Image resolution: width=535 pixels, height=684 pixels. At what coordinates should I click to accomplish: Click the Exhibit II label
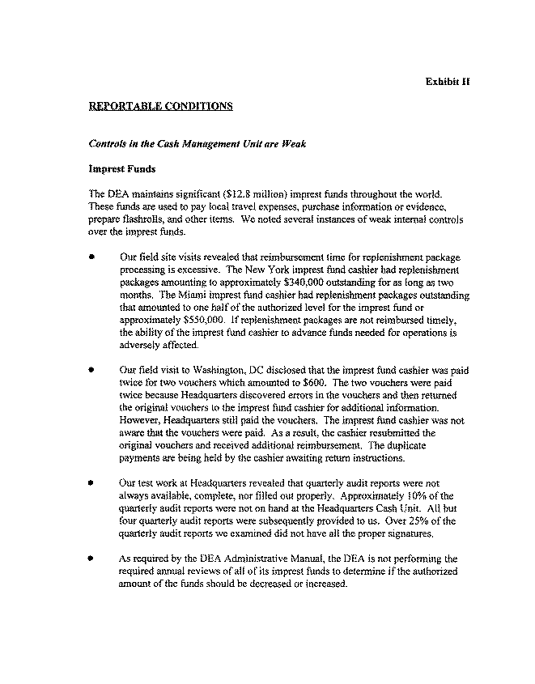[x=448, y=82]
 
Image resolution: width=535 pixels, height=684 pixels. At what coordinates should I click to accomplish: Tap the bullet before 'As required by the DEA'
[x=94, y=559]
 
